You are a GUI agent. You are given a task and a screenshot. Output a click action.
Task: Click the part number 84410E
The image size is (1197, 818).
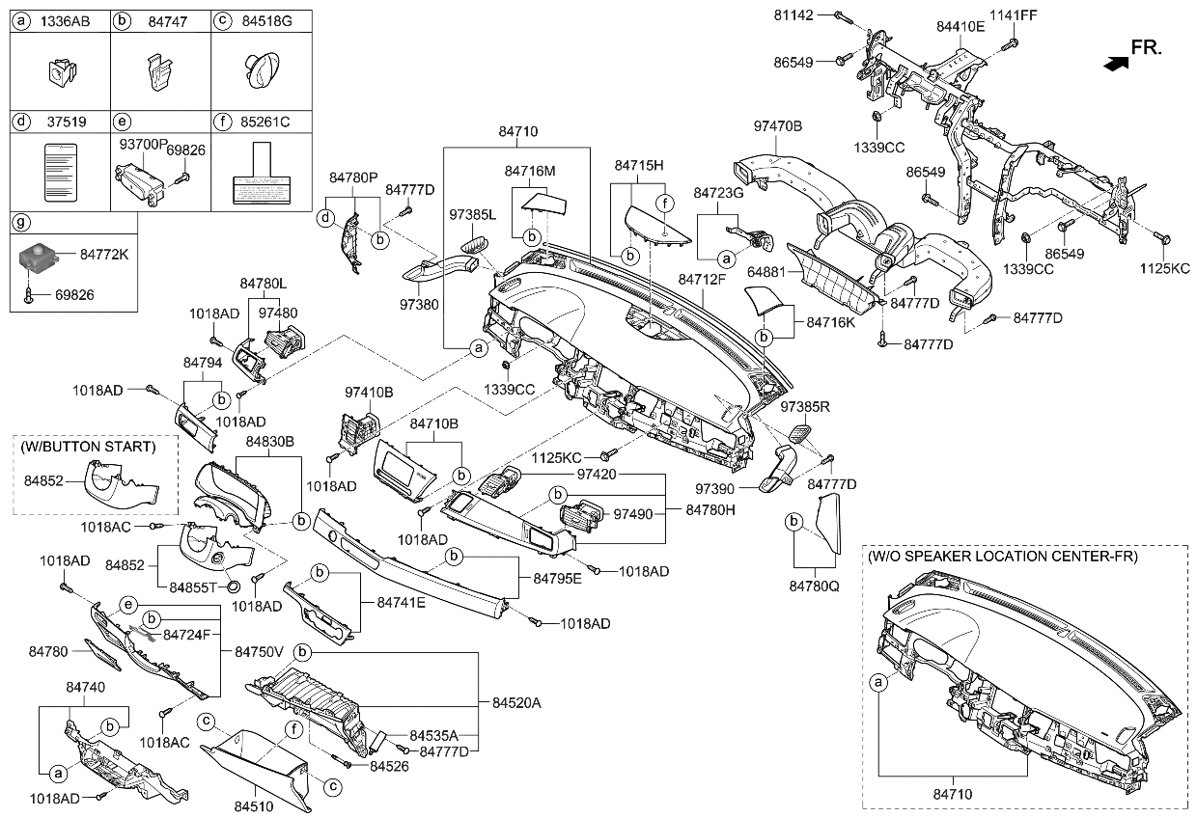coord(960,26)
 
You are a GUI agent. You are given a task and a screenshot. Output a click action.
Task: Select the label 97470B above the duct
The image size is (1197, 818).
coord(778,125)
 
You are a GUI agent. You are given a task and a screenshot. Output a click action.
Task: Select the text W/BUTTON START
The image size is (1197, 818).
coord(88,447)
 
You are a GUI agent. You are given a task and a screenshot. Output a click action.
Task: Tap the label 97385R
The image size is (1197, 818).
coord(804,407)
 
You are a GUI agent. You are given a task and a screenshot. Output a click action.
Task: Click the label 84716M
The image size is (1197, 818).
coord(530,171)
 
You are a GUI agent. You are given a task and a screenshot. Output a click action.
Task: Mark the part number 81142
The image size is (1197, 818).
coord(793,14)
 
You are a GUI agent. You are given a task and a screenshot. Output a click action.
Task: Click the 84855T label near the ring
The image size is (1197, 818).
coord(192,586)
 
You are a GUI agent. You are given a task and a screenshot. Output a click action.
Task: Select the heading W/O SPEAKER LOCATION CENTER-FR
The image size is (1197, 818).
coord(1003,557)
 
